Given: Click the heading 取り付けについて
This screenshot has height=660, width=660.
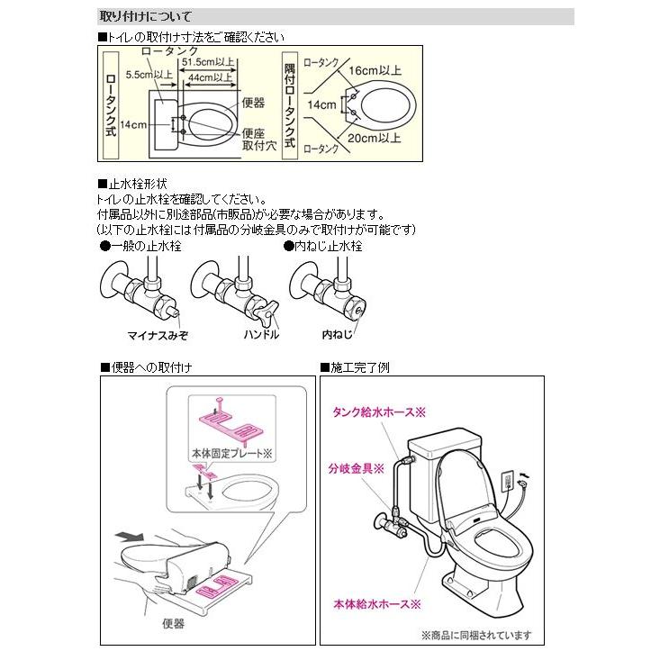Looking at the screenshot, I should [144, 17].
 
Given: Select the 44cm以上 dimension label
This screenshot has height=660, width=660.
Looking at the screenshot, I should [212, 78].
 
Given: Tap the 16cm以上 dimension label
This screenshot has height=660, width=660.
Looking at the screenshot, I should [374, 68].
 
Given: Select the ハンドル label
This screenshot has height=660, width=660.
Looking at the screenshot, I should [261, 334].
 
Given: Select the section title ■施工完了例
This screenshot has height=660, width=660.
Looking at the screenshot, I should [355, 367].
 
